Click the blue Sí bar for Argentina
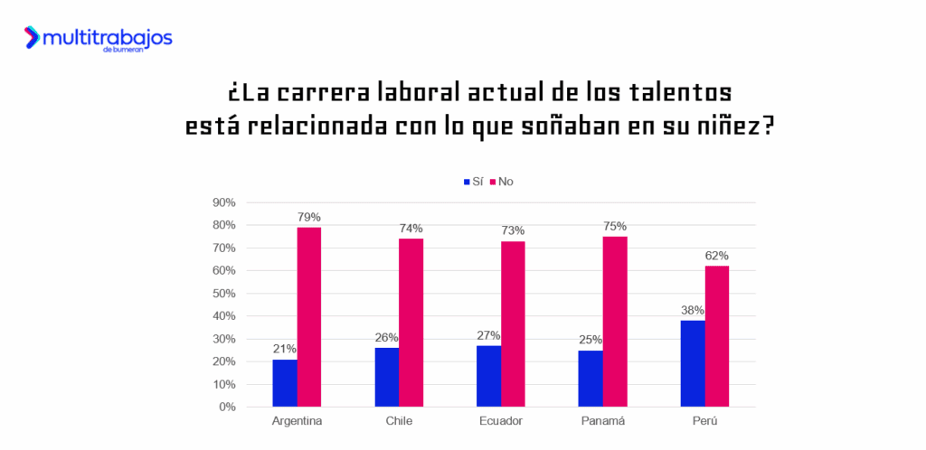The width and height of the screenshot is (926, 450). coord(285,383)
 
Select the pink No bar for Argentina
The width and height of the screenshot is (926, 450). coord(309,316)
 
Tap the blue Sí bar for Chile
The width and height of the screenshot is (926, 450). coord(386,377)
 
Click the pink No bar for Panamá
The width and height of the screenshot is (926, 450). coord(615,321)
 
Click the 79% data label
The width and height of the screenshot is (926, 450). coord(309,217)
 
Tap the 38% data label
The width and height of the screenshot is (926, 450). coord(693,311)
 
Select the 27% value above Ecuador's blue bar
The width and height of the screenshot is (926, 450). coord(489,335)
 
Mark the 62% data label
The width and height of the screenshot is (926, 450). coord(717,256)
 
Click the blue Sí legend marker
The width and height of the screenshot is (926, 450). coord(467,182)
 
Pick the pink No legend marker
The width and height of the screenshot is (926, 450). coord(494,182)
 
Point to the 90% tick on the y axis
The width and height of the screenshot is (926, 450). coord(223,202)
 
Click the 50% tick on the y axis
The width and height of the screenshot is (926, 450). coord(223,294)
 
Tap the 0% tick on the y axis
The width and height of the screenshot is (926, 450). coord(226,408)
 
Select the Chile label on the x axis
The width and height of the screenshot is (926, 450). coord(399,421)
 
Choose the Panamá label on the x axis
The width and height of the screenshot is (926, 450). coord(603,421)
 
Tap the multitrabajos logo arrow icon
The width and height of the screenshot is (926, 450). coord(33,37)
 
